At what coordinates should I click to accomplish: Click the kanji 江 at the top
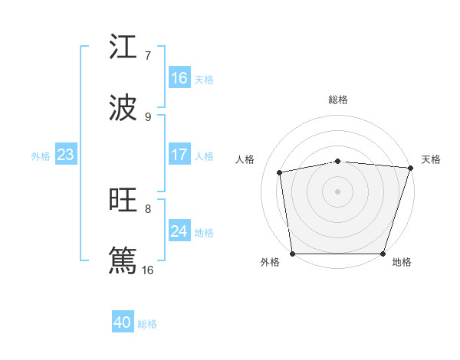tap(123, 47)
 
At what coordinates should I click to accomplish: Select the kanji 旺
tap(123, 200)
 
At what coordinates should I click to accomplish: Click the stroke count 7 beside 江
tap(148, 55)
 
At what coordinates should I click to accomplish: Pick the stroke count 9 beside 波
tap(148, 116)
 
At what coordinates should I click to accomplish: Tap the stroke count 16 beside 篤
tap(148, 270)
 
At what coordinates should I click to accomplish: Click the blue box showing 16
tap(179, 78)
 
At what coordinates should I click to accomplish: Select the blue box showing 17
tap(179, 155)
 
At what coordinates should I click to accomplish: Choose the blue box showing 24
tap(179, 231)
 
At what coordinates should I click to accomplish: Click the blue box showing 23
tap(65, 155)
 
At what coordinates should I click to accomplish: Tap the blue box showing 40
tap(123, 322)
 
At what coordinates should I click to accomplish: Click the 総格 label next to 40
tap(147, 323)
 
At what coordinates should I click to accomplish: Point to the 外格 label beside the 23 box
tap(41, 155)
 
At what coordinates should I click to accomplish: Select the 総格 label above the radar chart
tap(338, 100)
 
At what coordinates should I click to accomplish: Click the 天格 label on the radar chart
tap(431, 159)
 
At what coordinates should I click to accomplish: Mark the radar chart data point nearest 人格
tap(281, 172)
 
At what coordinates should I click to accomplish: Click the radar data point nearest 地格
tap(383, 254)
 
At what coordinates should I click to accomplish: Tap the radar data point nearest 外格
tap(293, 254)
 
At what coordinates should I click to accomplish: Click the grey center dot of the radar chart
tap(338, 191)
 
